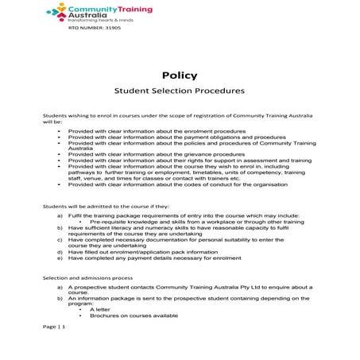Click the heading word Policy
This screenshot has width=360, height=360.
(x=180, y=75)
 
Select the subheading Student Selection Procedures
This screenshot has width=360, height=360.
(x=180, y=92)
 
